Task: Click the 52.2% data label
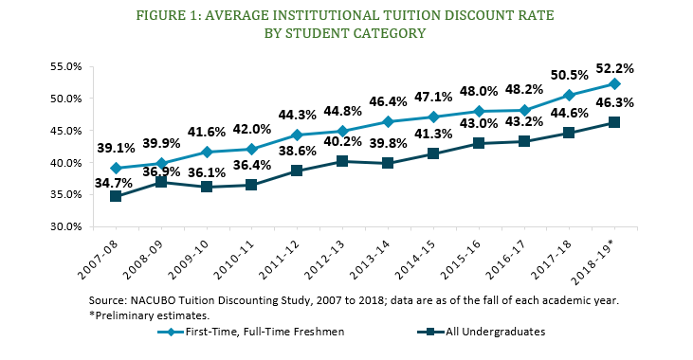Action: point(615,69)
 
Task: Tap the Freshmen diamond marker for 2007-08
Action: point(115,168)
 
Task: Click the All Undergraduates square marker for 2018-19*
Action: point(614,122)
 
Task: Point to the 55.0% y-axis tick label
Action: point(64,66)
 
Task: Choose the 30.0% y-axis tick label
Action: point(64,226)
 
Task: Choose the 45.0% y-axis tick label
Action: point(64,131)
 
